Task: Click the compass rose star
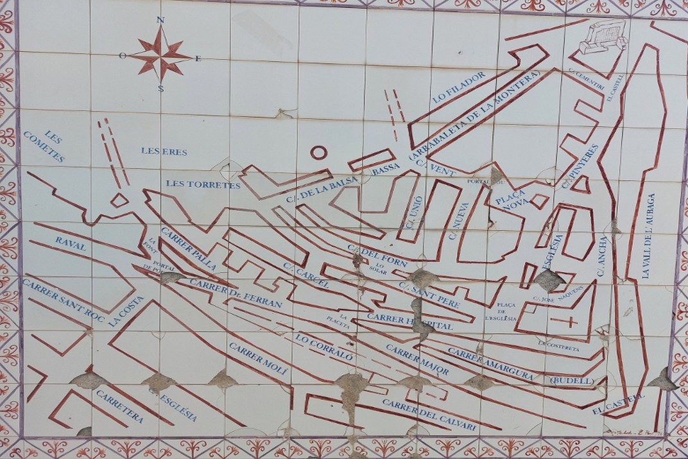click(x=160, y=55)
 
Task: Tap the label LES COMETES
click(x=44, y=146)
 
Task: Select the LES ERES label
click(x=164, y=152)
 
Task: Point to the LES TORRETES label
click(x=203, y=184)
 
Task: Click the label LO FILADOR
click(x=459, y=88)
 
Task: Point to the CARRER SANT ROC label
click(x=63, y=299)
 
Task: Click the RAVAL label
click(x=71, y=243)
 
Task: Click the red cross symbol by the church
click(x=569, y=322)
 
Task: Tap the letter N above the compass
click(x=160, y=20)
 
